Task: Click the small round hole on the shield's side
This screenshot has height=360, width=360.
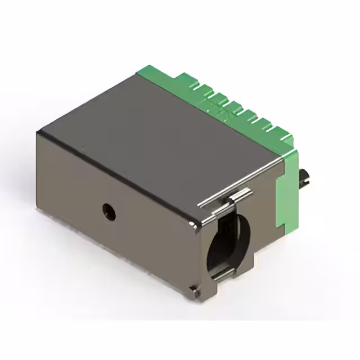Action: [x=108, y=211]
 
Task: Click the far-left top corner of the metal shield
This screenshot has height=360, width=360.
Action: [x=38, y=133]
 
